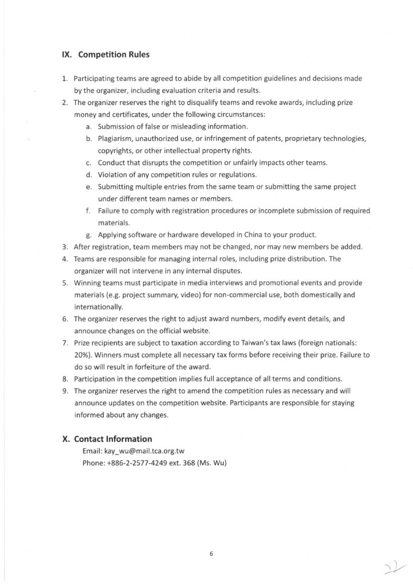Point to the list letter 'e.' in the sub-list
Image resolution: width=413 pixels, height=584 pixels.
click(x=89, y=187)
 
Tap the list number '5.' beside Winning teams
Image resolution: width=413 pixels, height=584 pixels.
click(x=65, y=283)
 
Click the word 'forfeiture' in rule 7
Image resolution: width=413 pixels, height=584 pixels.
click(x=149, y=366)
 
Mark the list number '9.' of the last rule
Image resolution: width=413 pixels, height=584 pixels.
click(x=65, y=391)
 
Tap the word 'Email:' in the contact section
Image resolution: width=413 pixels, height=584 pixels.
click(x=92, y=451)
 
